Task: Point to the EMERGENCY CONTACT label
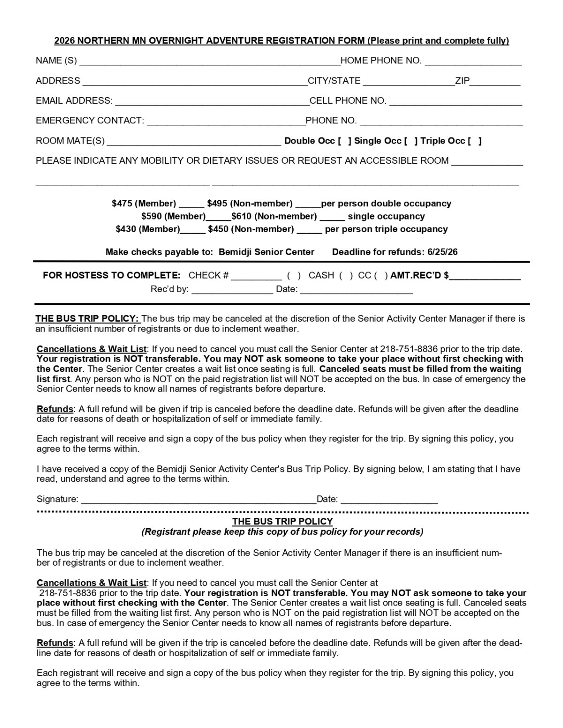click(90, 121)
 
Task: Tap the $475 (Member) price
click(144, 204)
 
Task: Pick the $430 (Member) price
click(148, 229)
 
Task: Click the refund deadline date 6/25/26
click(442, 252)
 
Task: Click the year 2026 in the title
click(65, 41)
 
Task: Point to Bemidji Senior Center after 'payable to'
click(266, 252)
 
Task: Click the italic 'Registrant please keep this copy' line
click(282, 532)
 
